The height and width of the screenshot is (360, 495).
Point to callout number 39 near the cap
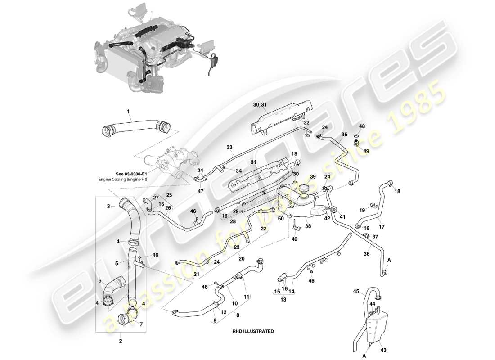point(313,177)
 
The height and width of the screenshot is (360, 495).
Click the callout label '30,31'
point(260,104)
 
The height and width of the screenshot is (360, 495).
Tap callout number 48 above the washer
point(362,127)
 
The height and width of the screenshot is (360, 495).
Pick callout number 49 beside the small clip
point(366,151)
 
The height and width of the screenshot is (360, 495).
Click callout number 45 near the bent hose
point(355,291)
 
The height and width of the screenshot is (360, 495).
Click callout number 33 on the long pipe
point(229,147)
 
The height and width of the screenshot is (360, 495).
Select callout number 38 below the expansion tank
point(307,227)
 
